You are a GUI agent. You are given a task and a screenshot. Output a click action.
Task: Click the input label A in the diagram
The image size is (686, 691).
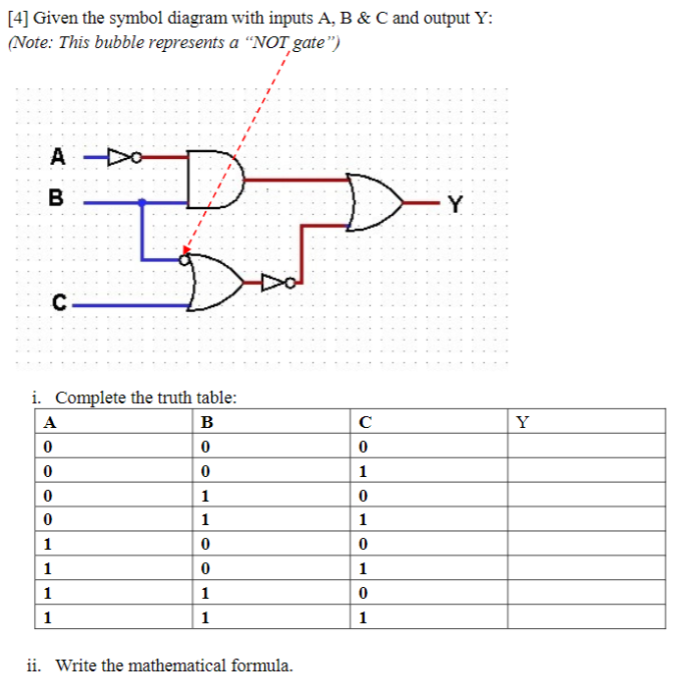59,154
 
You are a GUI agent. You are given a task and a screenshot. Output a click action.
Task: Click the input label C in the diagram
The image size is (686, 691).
60,302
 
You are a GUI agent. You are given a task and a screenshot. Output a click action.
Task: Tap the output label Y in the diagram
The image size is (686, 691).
452,204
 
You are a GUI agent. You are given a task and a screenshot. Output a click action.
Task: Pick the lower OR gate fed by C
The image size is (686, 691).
213,282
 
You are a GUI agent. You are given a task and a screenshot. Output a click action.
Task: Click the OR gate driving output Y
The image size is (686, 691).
374,202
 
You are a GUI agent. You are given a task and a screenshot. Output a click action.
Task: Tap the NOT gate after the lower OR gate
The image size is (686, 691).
276,284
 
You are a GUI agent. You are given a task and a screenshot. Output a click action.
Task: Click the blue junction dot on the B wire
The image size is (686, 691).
143,203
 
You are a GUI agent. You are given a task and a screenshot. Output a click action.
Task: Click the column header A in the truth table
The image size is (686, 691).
50,423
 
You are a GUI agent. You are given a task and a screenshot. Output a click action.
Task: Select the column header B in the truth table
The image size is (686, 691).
206,423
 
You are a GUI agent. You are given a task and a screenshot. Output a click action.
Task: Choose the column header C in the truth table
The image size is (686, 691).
364,423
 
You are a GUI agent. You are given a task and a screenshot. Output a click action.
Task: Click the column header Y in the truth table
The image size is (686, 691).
522,423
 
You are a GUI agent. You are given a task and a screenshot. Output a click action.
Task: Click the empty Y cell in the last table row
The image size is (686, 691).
586,617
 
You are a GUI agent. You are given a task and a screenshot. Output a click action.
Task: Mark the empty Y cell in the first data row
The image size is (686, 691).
586,446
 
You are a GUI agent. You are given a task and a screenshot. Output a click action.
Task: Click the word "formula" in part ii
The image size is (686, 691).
259,665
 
